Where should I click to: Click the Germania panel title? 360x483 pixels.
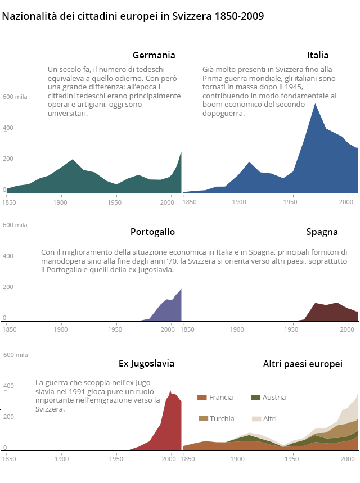click(154, 55)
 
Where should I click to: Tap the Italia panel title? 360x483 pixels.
click(318, 55)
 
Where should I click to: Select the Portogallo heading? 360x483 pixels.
click(152, 232)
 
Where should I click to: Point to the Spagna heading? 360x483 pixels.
click(322, 232)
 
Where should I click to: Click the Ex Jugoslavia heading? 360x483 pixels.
click(146, 363)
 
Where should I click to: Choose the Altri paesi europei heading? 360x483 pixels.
click(303, 364)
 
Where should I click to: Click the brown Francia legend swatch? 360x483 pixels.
click(202, 398)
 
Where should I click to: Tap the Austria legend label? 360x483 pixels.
click(275, 398)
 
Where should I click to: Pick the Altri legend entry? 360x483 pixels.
click(269, 418)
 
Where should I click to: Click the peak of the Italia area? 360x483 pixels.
click(315, 104)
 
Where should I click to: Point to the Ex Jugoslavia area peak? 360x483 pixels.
click(170, 391)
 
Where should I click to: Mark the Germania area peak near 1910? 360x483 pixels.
click(73, 160)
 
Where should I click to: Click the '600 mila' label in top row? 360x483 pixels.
click(15, 97)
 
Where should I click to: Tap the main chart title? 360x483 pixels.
click(133, 16)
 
